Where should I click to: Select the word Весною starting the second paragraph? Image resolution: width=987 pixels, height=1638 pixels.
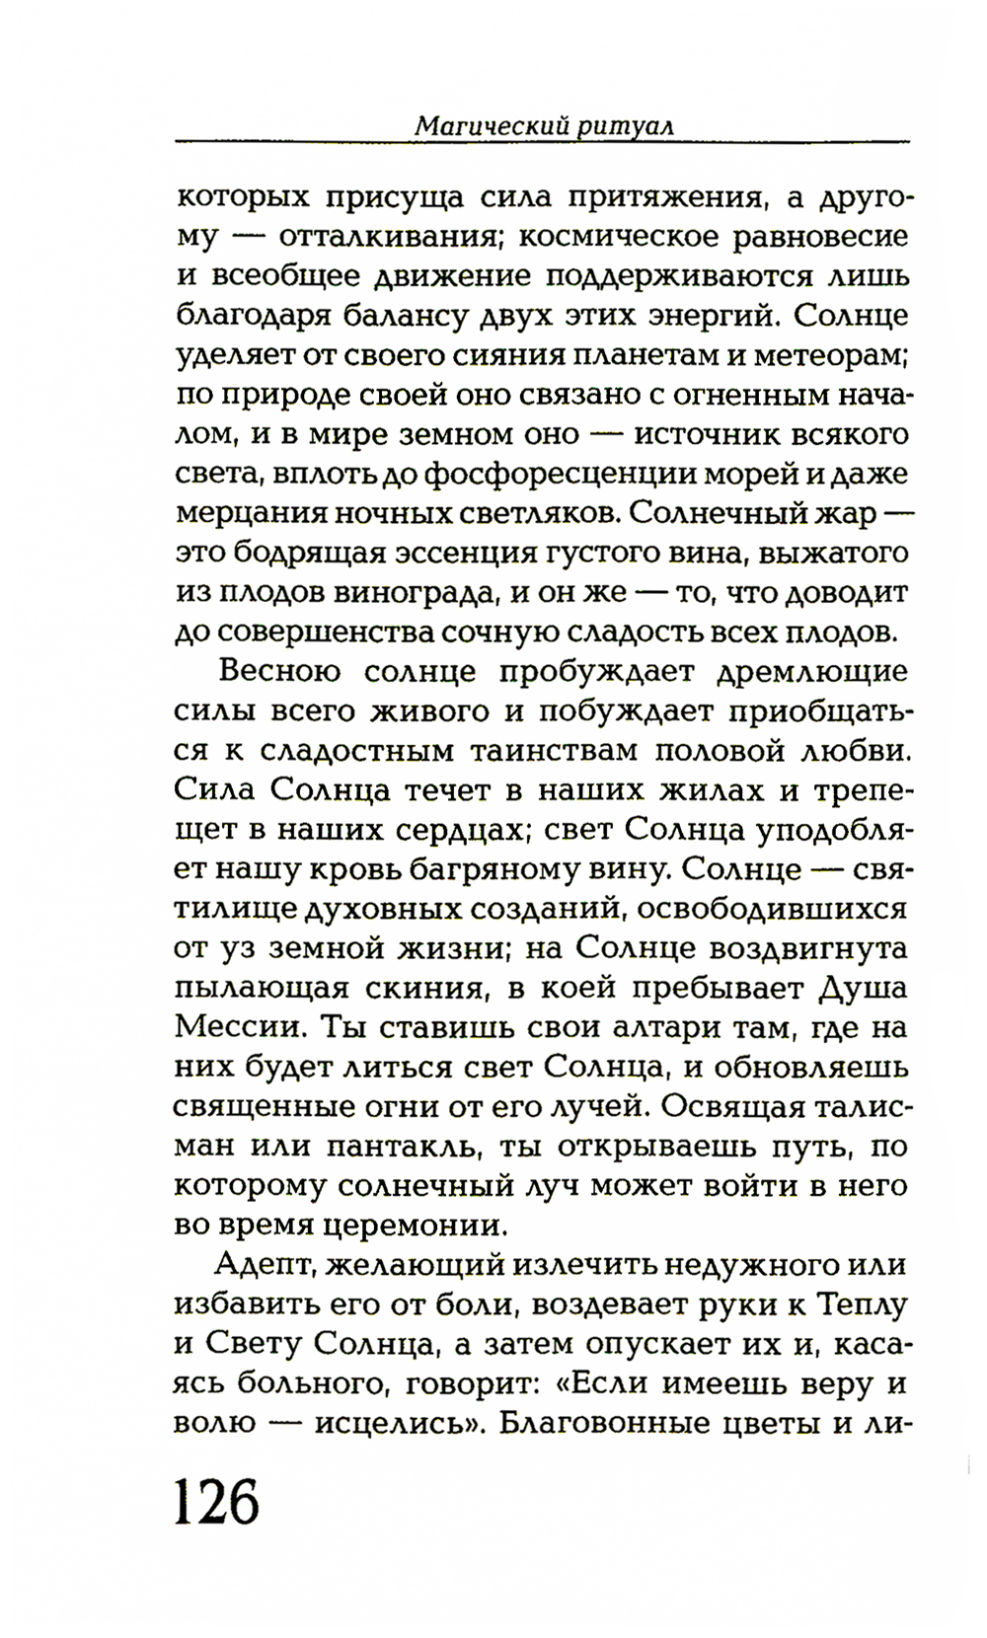[x=280, y=672]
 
